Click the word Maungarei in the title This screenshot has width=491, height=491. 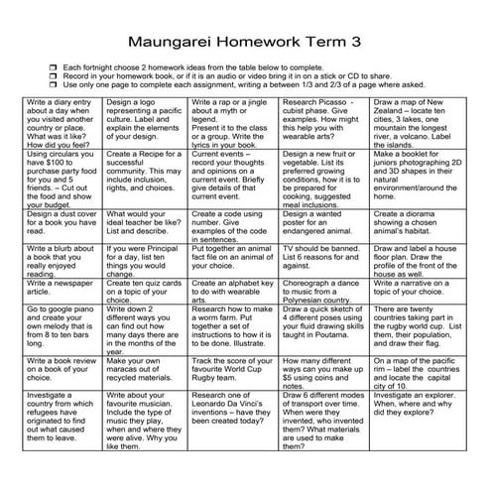point(181,43)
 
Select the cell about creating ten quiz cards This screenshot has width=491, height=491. point(146,289)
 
